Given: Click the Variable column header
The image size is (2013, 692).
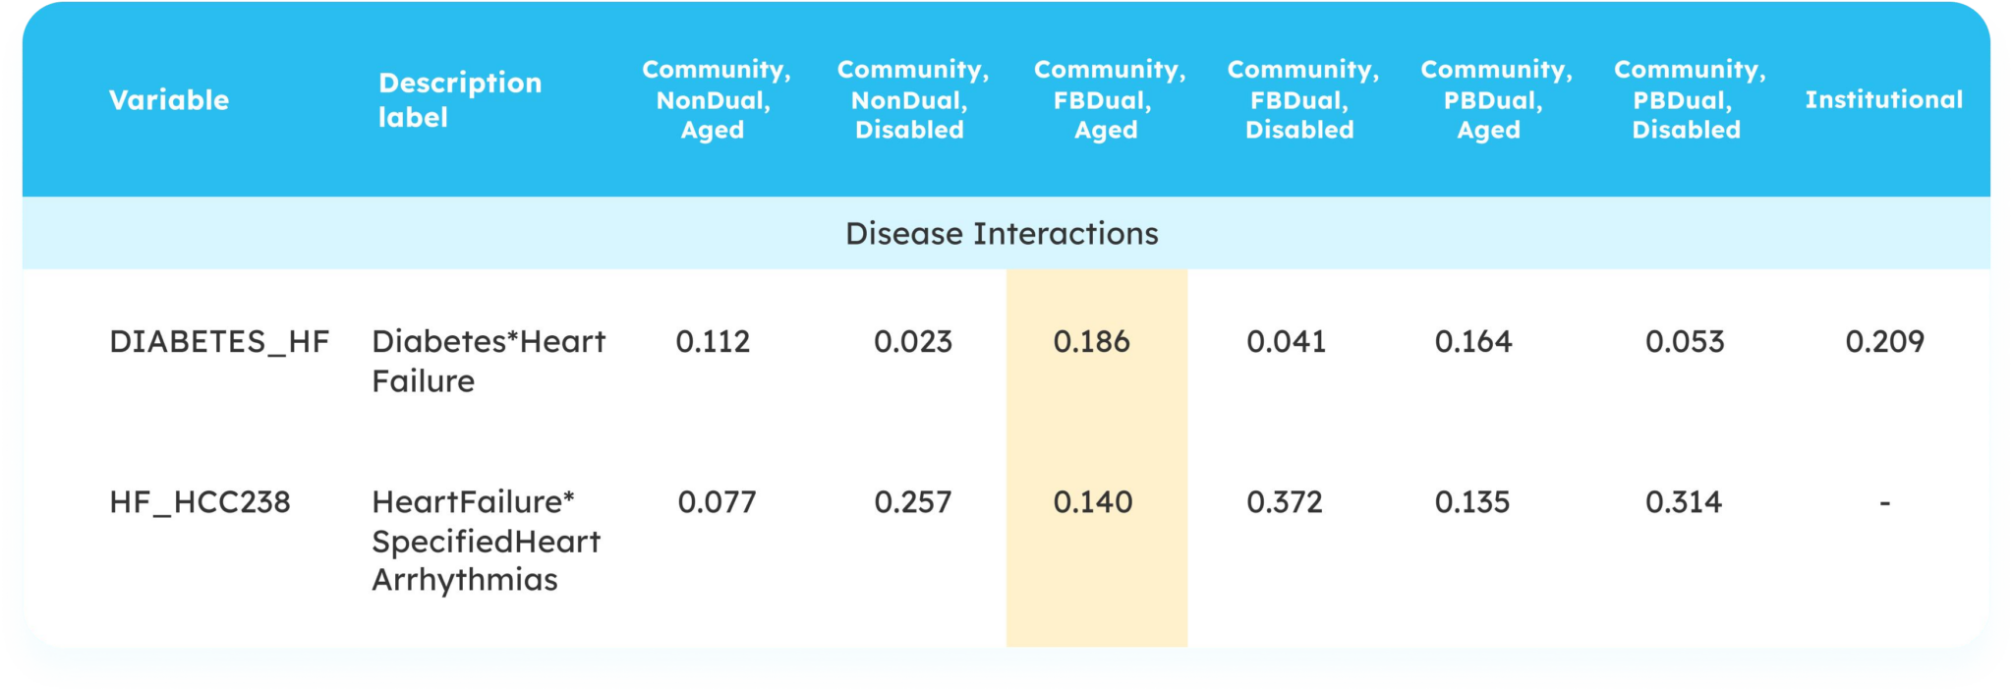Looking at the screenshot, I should (168, 100).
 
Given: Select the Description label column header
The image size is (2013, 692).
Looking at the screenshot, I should (459, 100).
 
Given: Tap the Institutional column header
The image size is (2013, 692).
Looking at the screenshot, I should (1883, 100).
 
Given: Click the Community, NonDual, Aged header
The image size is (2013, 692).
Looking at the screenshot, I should (716, 100).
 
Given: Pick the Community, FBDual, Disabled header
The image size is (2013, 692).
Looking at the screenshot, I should (1302, 100).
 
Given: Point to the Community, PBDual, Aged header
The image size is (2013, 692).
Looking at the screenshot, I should (1495, 100).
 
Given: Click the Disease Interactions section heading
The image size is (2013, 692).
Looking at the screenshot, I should (1002, 234).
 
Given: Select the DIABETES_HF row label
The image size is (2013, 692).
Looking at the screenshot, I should (219, 342).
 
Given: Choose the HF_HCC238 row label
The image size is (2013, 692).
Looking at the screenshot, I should (200, 502).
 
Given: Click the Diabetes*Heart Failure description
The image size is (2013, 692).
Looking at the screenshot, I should (489, 361).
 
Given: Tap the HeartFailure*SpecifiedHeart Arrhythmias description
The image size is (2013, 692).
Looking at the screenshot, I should (486, 541).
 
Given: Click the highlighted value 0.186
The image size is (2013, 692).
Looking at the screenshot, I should (1091, 342).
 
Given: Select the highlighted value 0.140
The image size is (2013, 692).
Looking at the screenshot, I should (1092, 502).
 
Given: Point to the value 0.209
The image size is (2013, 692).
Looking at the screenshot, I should (1884, 342).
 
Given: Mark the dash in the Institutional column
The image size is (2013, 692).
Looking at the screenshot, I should (1884, 503).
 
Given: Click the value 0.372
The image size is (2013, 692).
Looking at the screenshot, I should (1285, 502).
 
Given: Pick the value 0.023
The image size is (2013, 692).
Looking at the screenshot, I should (912, 342).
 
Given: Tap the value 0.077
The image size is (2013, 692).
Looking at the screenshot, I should (717, 502).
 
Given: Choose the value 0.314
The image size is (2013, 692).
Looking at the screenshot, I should (1684, 502).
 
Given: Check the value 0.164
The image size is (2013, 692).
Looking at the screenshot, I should (1473, 342).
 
